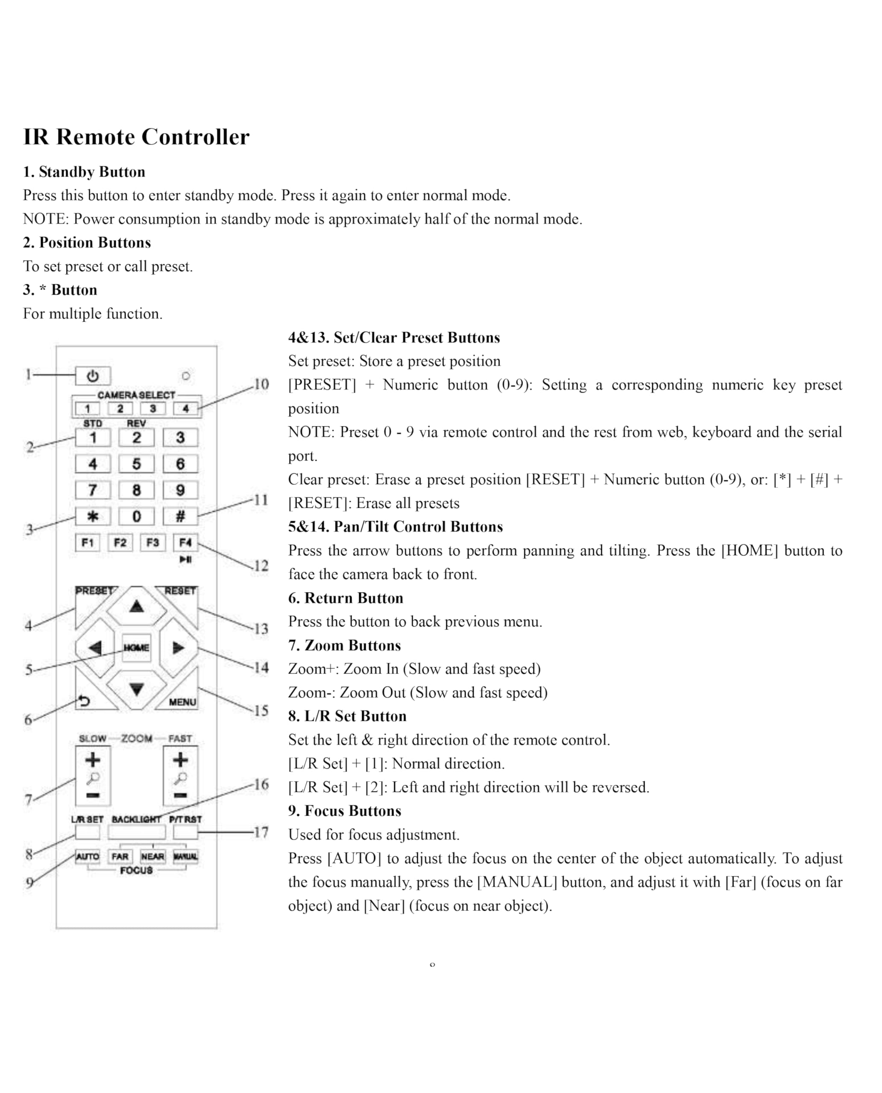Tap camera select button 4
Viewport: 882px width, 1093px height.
[x=185, y=408]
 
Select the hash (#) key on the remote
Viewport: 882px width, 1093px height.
[x=180, y=517]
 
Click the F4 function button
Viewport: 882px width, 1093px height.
[x=185, y=542]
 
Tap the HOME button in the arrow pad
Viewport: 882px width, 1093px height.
[x=136, y=648]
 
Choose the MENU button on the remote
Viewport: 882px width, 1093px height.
[x=182, y=701]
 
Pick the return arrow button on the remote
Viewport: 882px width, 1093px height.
[x=84, y=701]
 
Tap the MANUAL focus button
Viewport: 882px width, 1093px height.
[x=185, y=856]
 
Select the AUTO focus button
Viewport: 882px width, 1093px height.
[x=88, y=856]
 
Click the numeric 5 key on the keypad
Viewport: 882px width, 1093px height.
[x=136, y=464]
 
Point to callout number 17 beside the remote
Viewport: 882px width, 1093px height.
[x=261, y=833]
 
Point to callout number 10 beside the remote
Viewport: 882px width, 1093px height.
[x=261, y=385]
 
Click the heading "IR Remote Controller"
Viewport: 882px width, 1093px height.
[x=136, y=137]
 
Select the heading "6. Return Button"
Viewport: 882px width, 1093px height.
[x=346, y=598]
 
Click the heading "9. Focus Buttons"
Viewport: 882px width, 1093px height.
[x=344, y=811]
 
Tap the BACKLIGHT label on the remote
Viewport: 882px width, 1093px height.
[x=136, y=819]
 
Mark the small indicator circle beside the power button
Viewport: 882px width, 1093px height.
[x=186, y=376]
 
